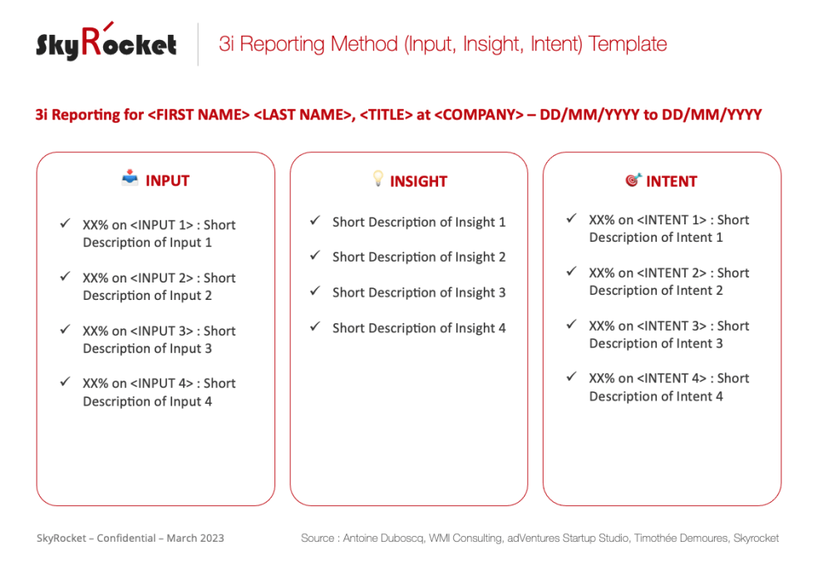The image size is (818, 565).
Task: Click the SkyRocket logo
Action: tap(106, 43)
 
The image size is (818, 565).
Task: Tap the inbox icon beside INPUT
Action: tap(130, 178)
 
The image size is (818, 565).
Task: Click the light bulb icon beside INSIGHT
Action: tap(378, 179)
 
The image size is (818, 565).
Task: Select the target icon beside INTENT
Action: tap(633, 179)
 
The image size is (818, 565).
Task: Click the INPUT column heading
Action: tap(167, 181)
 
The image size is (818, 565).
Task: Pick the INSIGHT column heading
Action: tap(418, 181)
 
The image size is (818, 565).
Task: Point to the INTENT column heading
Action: tap(671, 181)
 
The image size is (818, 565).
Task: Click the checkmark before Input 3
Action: tap(65, 330)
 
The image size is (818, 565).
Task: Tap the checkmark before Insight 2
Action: tap(315, 256)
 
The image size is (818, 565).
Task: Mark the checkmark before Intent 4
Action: tap(571, 377)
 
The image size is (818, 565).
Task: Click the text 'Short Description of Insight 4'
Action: tap(419, 328)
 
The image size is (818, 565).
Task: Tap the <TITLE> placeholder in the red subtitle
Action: tap(387, 115)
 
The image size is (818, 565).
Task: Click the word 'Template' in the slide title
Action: tap(627, 44)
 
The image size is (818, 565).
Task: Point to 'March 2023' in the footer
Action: tap(195, 538)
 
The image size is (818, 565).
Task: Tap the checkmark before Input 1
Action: tap(65, 224)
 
